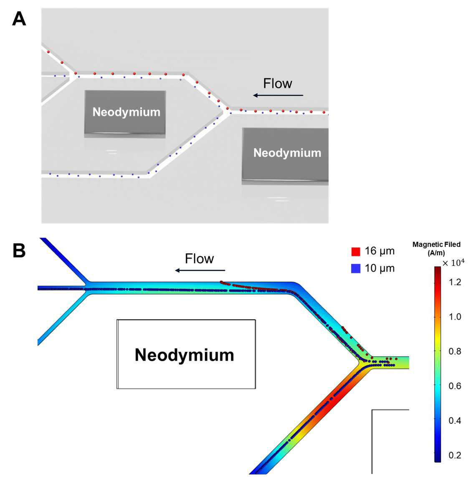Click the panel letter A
tap(19, 19)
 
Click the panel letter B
tap(19, 251)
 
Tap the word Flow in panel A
tap(278, 83)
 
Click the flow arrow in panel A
tap(278, 95)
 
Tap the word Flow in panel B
tap(200, 259)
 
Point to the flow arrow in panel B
tap(200, 270)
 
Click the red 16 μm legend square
tap(356, 252)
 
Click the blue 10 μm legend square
tap(356, 268)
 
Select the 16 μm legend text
tap(379, 251)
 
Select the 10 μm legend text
tap(379, 268)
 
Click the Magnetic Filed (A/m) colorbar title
tap(437, 249)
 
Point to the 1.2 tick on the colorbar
tap(455, 282)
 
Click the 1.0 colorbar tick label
tap(455, 317)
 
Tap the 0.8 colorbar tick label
tap(455, 351)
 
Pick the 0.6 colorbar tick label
tap(455, 386)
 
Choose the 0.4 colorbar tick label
tap(455, 421)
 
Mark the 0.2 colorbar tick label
tap(455, 455)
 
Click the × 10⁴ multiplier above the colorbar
tap(453, 262)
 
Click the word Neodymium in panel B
tap(185, 355)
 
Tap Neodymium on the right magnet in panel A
tap(287, 153)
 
